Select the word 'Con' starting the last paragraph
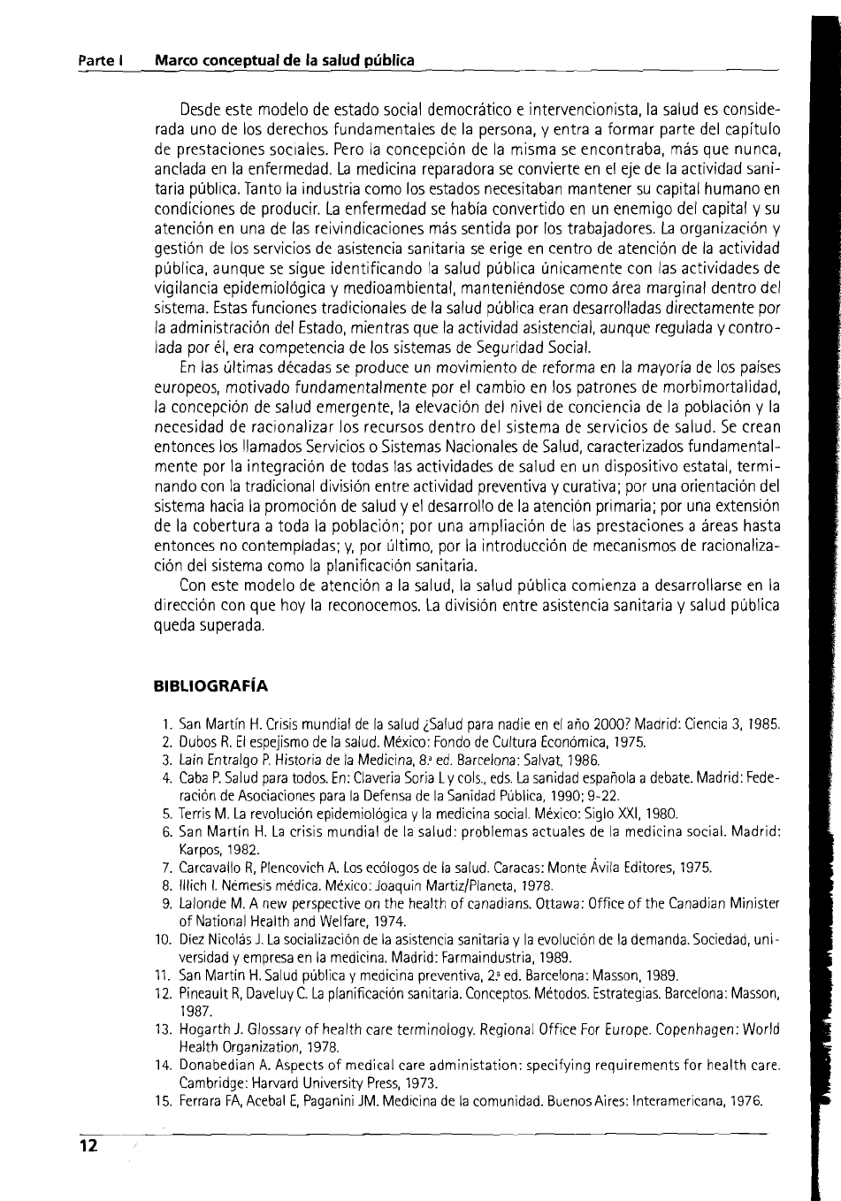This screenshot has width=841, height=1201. (x=191, y=585)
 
